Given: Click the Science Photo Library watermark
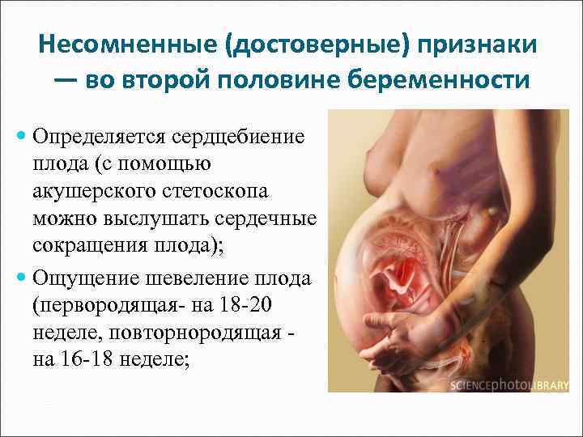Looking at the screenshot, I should coord(509,387).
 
